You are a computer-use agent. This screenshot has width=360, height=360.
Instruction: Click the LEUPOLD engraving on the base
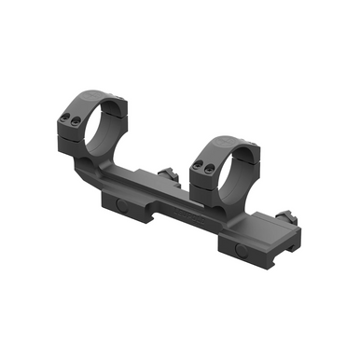point(187,213)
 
